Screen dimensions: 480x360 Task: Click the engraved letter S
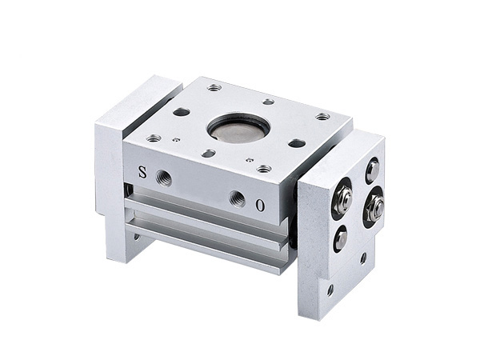pos(142,172)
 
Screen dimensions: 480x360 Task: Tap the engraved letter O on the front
pos(261,206)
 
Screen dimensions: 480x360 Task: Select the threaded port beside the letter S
pos(164,178)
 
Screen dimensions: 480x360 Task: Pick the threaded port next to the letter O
pos(238,198)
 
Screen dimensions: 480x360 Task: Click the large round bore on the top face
pos(238,127)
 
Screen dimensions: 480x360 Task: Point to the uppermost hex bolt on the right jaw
pos(373,168)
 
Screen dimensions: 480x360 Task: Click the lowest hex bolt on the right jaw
pos(341,237)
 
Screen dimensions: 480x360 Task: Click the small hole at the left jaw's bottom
pos(137,237)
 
